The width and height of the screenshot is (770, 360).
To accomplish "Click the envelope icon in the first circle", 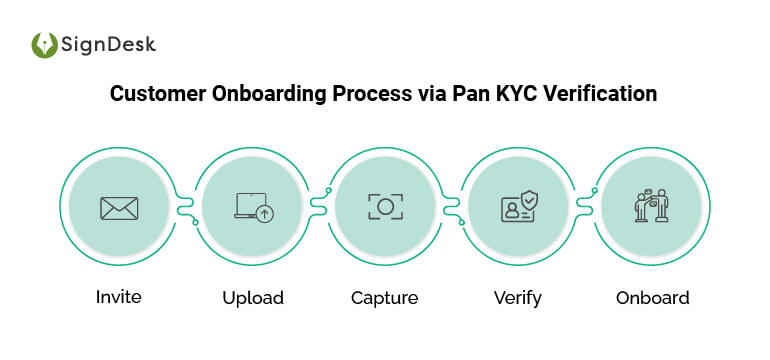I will (119, 208).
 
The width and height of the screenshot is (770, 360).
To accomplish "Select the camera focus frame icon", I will (385, 207).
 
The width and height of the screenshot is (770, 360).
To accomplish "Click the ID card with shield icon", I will (519, 207).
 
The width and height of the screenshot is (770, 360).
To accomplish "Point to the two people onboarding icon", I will (652, 206).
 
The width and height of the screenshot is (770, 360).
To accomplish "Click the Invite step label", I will (119, 297).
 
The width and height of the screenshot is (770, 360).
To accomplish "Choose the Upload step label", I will (252, 298).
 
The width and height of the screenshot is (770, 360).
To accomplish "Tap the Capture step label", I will (384, 298).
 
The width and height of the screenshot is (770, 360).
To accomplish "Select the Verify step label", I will (518, 298).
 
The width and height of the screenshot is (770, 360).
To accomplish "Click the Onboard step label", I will (652, 297).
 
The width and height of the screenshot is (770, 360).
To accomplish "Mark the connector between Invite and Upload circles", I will (186, 207).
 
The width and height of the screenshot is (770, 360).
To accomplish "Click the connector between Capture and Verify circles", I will (452, 207).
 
